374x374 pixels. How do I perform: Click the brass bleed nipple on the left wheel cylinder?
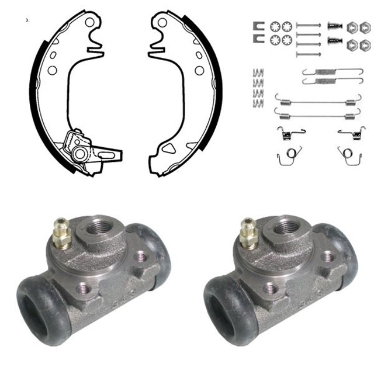click(58, 231)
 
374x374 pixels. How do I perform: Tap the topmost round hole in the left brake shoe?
click(90, 23)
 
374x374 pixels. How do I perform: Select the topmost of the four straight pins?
click(309, 25)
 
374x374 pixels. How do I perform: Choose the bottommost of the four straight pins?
click(309, 54)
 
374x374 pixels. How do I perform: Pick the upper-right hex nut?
click(364, 27)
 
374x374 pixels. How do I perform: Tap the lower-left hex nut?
click(352, 44)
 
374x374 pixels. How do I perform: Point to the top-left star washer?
click(275, 26)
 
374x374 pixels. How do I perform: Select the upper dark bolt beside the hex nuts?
click(334, 26)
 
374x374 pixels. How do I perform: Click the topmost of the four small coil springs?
click(258, 73)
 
